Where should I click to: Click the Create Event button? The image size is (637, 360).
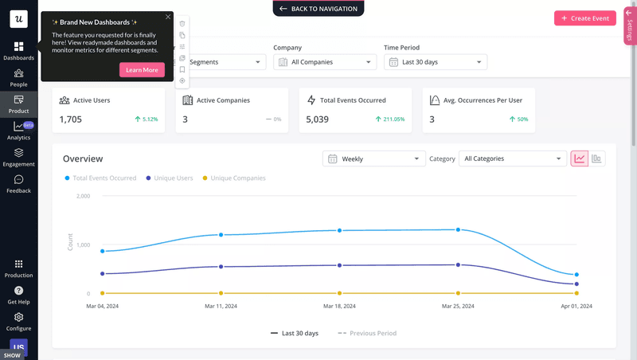pyautogui.click(x=585, y=18)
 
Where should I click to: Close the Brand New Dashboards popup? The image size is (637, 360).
pyautogui.click(x=168, y=16)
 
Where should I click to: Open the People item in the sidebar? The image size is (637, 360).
pyautogui.click(x=18, y=77)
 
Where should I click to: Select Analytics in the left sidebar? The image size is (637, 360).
pyautogui.click(x=18, y=131)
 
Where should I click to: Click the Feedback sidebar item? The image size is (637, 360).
pyautogui.click(x=18, y=184)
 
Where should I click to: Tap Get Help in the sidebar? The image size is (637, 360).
pyautogui.click(x=18, y=295)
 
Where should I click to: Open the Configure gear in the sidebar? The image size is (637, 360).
pyautogui.click(x=18, y=321)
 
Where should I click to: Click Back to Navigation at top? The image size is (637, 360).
pyautogui.click(x=318, y=8)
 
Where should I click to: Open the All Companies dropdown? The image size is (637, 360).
pyautogui.click(x=325, y=61)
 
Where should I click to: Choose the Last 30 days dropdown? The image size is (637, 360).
pyautogui.click(x=436, y=61)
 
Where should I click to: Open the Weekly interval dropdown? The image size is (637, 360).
pyautogui.click(x=374, y=158)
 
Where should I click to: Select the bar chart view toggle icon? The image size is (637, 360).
pyautogui.click(x=596, y=158)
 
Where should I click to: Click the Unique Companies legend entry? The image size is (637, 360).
pyautogui.click(x=237, y=178)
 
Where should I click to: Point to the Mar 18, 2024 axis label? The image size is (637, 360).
pyautogui.click(x=339, y=306)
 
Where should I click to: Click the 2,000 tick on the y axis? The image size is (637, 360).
pyautogui.click(x=82, y=196)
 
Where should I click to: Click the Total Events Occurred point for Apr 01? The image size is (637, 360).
pyautogui.click(x=576, y=275)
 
